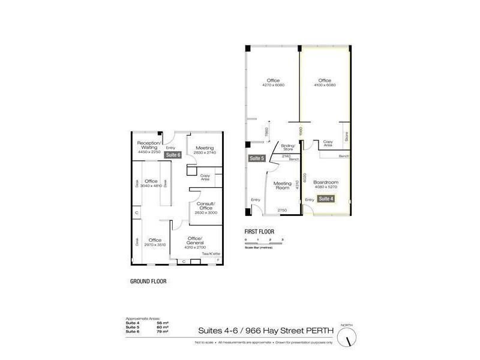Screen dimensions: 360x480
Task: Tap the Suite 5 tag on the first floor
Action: click(x=256, y=158)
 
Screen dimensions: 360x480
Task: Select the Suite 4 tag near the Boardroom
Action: click(x=326, y=199)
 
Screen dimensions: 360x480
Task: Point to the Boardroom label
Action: click(x=326, y=182)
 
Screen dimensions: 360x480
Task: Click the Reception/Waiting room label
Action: click(x=148, y=145)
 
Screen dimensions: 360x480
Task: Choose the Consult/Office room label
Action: click(x=206, y=205)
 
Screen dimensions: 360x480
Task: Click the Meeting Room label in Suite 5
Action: click(x=283, y=186)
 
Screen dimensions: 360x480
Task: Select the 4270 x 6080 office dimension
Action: click(x=273, y=85)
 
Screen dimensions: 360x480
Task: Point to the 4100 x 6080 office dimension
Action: click(x=325, y=85)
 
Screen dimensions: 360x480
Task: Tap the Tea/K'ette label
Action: click(x=210, y=254)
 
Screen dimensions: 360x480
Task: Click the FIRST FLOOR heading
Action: click(x=259, y=230)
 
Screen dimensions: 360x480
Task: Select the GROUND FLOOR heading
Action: click(x=148, y=281)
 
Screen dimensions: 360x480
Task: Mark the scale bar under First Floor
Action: click(x=263, y=243)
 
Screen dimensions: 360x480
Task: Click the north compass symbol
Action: click(x=346, y=338)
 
